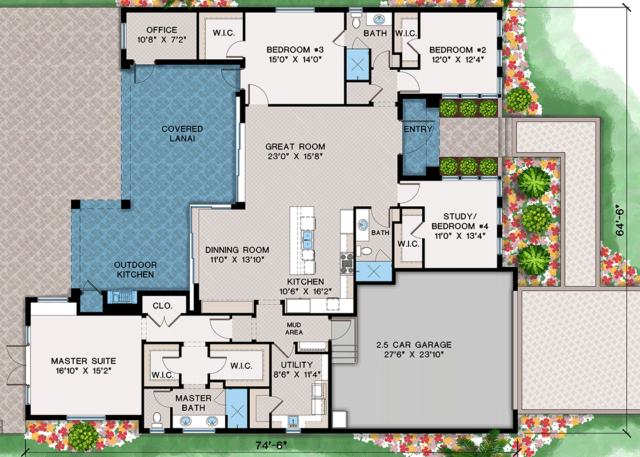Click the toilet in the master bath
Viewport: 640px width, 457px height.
157,419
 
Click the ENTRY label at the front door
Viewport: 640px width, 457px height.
418,130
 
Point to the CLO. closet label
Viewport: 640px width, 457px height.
163,306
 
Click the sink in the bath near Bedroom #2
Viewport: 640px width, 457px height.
379,20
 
